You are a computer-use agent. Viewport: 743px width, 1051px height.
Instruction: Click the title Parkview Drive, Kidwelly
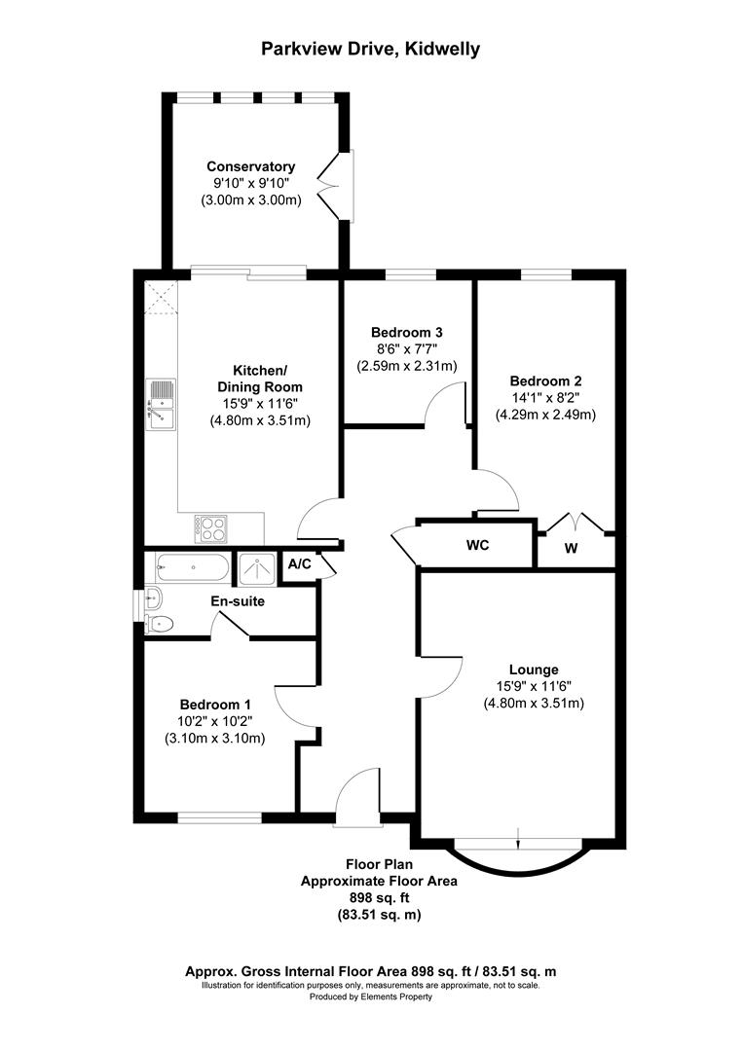[369, 49]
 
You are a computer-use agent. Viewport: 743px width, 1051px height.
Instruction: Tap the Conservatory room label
[250, 166]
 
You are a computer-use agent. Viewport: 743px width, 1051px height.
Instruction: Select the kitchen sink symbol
[161, 404]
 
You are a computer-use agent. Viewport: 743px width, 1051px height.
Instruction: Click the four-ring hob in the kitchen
[211, 528]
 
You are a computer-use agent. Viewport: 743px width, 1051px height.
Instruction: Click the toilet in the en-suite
[159, 624]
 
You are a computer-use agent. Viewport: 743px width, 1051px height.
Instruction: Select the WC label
[475, 546]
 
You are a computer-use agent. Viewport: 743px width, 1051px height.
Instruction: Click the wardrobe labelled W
[572, 548]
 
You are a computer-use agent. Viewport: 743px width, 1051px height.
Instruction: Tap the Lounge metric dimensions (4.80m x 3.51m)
[533, 703]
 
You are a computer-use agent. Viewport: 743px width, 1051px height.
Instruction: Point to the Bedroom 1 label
[215, 705]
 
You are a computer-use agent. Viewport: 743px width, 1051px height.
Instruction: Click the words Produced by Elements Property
[370, 997]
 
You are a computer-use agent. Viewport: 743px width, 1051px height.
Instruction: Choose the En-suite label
[238, 601]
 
